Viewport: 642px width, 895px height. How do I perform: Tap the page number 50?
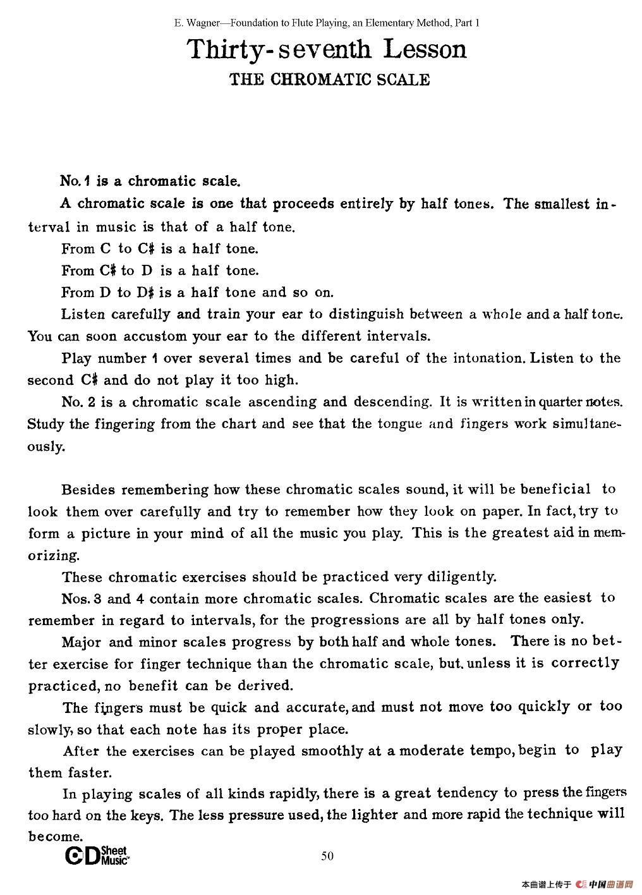coord(327,856)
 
